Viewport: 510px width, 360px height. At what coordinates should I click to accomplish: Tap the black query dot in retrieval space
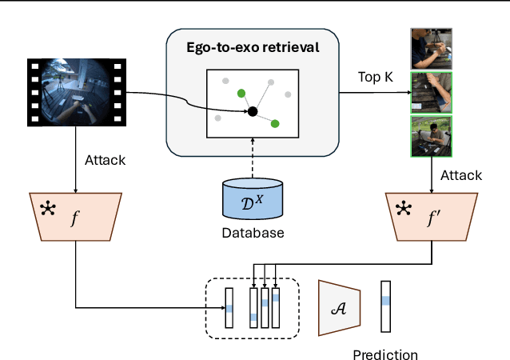253,110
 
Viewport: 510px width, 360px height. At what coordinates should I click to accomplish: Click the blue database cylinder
253,198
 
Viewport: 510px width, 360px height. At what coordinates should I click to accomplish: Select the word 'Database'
253,234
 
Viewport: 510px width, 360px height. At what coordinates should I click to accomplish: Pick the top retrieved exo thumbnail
432,48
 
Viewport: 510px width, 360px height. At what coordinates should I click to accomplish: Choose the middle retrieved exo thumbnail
432,93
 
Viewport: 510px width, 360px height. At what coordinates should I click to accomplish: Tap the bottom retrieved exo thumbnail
432,136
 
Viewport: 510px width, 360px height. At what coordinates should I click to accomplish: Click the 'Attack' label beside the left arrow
105,160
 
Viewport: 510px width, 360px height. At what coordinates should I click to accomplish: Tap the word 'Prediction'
386,354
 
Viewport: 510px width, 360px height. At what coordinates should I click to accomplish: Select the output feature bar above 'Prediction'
386,304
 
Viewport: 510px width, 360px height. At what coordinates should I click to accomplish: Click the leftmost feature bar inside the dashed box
229,307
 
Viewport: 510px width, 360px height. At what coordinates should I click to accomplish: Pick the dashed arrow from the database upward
253,168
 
